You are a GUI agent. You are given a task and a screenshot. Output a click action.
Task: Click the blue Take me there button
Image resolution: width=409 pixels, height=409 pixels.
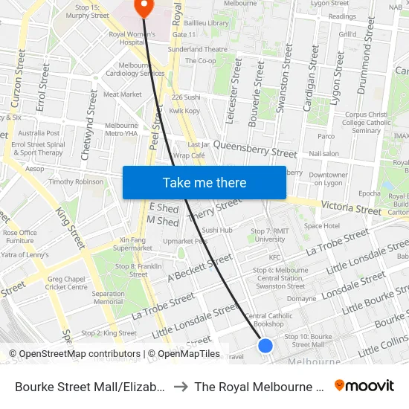point(204,182)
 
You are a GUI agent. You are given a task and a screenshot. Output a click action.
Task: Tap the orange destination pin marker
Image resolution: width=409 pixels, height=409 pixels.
point(142,7)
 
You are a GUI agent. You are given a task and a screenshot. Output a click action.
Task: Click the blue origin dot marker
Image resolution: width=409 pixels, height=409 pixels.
point(265,345)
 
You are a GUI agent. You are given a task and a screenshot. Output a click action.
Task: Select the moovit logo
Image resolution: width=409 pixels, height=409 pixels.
point(364,385)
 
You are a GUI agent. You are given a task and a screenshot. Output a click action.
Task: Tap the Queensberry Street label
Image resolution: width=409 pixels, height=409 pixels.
point(255,151)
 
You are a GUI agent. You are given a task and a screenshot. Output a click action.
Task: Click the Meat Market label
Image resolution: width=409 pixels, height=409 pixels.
point(122,94)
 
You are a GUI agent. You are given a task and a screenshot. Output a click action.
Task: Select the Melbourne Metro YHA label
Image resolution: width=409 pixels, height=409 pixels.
point(122,130)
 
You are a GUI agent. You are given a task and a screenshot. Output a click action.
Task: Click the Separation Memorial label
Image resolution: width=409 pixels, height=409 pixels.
point(109,297)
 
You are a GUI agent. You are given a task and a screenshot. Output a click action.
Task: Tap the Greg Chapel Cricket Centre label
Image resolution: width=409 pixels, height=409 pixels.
point(66,283)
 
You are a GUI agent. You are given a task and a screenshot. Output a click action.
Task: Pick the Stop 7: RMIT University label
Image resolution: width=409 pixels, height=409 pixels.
point(269,235)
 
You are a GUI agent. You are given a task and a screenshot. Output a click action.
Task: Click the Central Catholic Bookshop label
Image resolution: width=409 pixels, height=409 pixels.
point(268,320)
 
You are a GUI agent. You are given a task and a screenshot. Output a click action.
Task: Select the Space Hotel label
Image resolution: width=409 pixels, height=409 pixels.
point(322,225)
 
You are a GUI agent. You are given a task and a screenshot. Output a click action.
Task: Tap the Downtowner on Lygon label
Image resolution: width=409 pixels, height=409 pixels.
point(328,178)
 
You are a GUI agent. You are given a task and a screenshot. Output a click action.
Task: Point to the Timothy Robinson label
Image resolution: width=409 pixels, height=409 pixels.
point(76,181)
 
